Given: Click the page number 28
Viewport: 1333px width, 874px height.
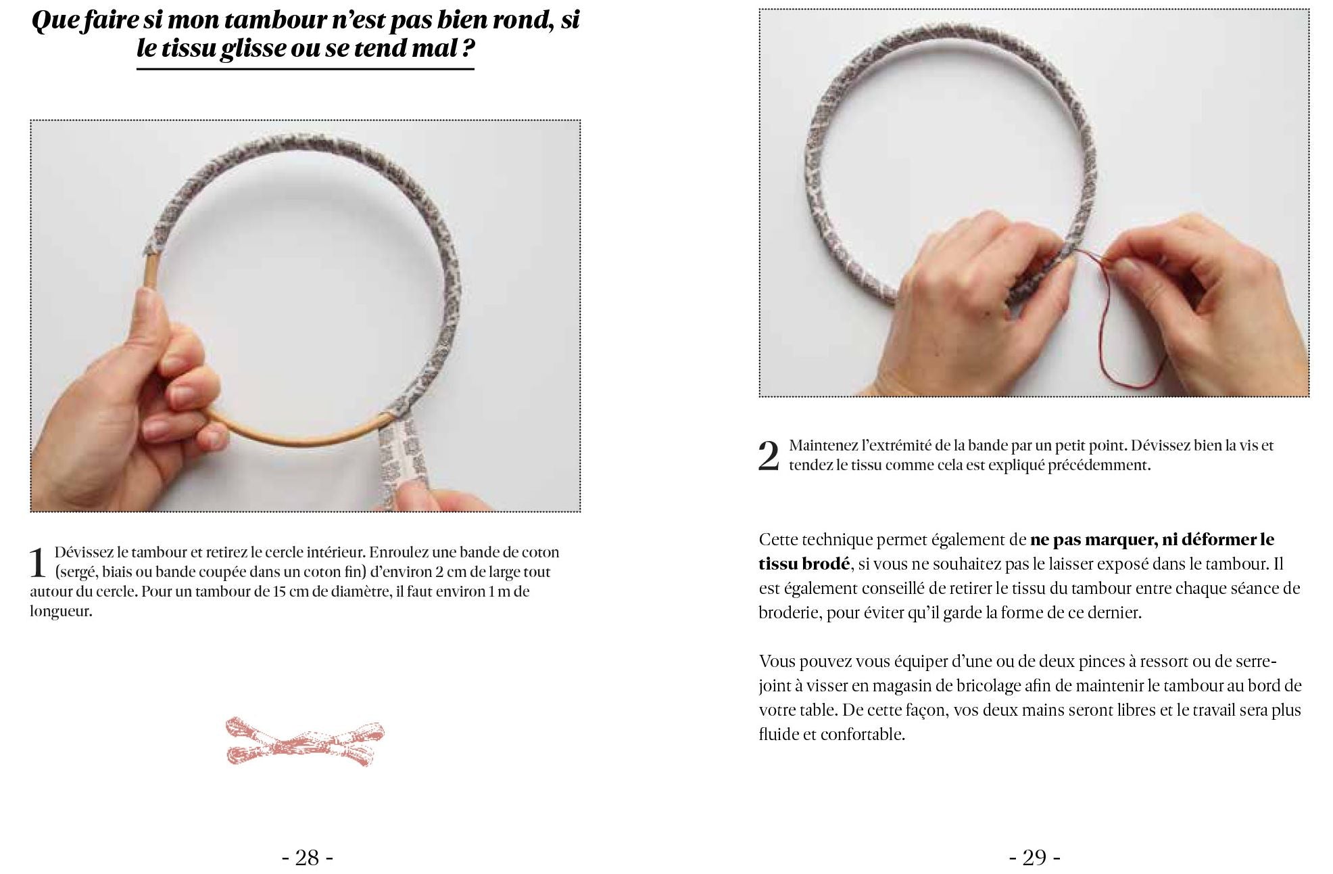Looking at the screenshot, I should point(308,858).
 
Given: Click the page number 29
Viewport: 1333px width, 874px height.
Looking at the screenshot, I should point(1034,858).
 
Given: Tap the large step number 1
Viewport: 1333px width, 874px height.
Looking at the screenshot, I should point(38,564).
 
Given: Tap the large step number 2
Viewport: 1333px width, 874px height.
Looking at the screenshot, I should point(769,457).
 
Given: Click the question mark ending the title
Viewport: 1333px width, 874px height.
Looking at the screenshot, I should point(466,49).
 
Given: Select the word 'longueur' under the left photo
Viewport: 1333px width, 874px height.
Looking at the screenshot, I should point(59,612).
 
